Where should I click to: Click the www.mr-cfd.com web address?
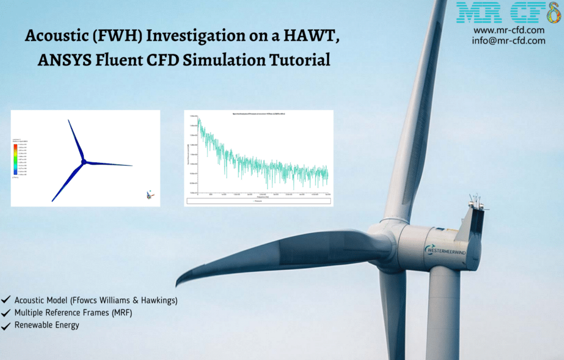(509, 30)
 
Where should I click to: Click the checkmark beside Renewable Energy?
(6, 325)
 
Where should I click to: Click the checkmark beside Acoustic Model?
(6, 301)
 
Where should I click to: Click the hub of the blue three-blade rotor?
(84, 161)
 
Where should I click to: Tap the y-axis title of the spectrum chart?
(187, 155)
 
